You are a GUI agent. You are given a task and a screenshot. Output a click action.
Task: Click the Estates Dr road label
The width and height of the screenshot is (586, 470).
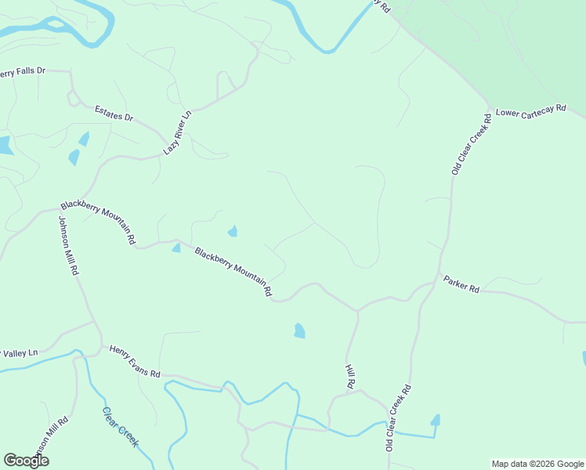coord(114,113)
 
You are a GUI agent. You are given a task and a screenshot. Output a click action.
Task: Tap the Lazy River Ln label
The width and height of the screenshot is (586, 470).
coord(176,132)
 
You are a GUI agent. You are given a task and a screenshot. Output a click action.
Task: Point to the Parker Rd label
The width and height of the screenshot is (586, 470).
coord(461,284)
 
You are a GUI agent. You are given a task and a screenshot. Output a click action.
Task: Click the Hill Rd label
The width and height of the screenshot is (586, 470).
coord(350,376)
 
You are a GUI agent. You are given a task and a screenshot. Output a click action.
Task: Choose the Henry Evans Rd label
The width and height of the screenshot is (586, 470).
coord(135,362)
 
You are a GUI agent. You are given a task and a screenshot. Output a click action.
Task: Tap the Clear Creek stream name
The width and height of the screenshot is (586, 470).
coord(121,427)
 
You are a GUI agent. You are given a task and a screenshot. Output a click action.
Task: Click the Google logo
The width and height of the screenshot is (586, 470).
coord(27,461)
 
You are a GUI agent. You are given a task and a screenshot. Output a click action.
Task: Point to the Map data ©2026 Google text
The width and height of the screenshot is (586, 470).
coord(537,464)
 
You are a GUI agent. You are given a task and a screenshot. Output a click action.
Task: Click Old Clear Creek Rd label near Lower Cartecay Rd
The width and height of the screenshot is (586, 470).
coord(470,143)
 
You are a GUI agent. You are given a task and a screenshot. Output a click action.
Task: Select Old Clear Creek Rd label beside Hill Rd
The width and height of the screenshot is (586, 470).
coord(398,417)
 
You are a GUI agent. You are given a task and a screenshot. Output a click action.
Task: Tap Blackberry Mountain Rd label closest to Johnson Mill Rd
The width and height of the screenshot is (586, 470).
coord(99,223)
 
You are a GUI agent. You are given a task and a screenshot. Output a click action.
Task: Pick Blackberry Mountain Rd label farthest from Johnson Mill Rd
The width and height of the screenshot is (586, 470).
coord(233,272)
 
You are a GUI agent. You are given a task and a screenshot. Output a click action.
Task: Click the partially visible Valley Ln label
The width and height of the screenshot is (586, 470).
coord(19,352)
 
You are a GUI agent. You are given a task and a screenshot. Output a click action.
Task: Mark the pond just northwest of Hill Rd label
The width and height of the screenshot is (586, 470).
coord(299,331)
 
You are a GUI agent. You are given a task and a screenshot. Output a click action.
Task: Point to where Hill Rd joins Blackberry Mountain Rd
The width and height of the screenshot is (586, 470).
coord(358,312)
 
